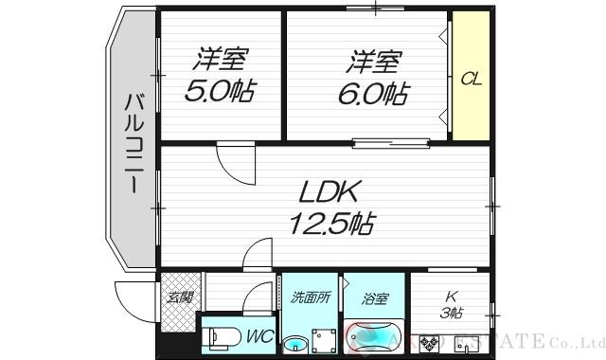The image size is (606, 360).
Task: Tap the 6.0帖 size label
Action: pyautogui.click(x=375, y=94)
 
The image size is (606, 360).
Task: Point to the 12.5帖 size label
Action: pyautogui.click(x=331, y=225)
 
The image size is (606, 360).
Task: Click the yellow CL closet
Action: pyautogui.click(x=471, y=79)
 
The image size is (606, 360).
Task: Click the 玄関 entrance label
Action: pyautogui.click(x=179, y=297)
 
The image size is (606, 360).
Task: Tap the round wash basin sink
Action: pyautogui.click(x=296, y=343)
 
